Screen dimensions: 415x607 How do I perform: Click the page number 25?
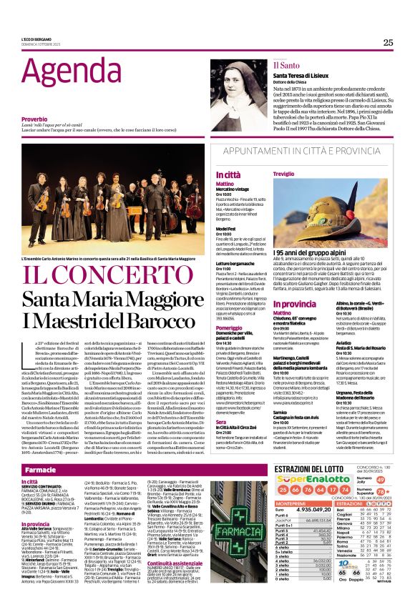[388, 42]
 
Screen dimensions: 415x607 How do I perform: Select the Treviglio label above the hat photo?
[285, 174]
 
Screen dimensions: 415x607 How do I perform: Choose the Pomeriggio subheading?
[228, 308]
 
